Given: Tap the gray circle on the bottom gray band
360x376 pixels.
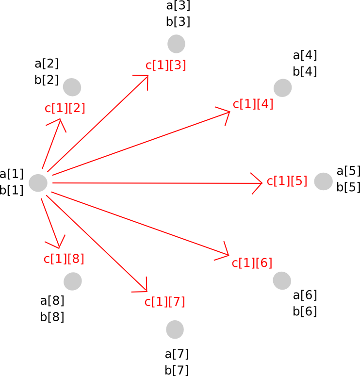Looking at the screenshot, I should pos(175,329).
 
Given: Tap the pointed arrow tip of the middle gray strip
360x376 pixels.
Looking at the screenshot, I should pos(259,183).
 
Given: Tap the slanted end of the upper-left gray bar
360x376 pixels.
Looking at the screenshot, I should pos(133,88).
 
